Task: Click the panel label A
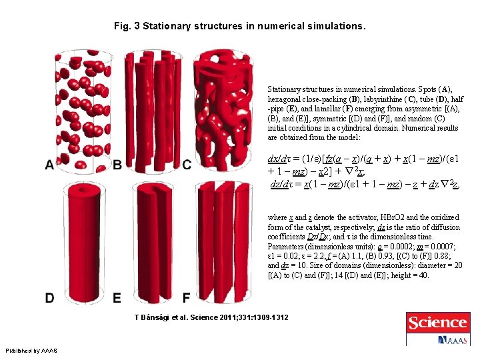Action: point(50,165)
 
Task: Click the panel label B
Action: point(117,165)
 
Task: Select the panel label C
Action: point(187,165)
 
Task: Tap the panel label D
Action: point(50,297)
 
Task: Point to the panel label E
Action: point(117,297)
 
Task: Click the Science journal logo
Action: point(437,324)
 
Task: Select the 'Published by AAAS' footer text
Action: point(31,351)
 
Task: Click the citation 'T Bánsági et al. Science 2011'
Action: point(211,317)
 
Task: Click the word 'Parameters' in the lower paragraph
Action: point(287,246)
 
